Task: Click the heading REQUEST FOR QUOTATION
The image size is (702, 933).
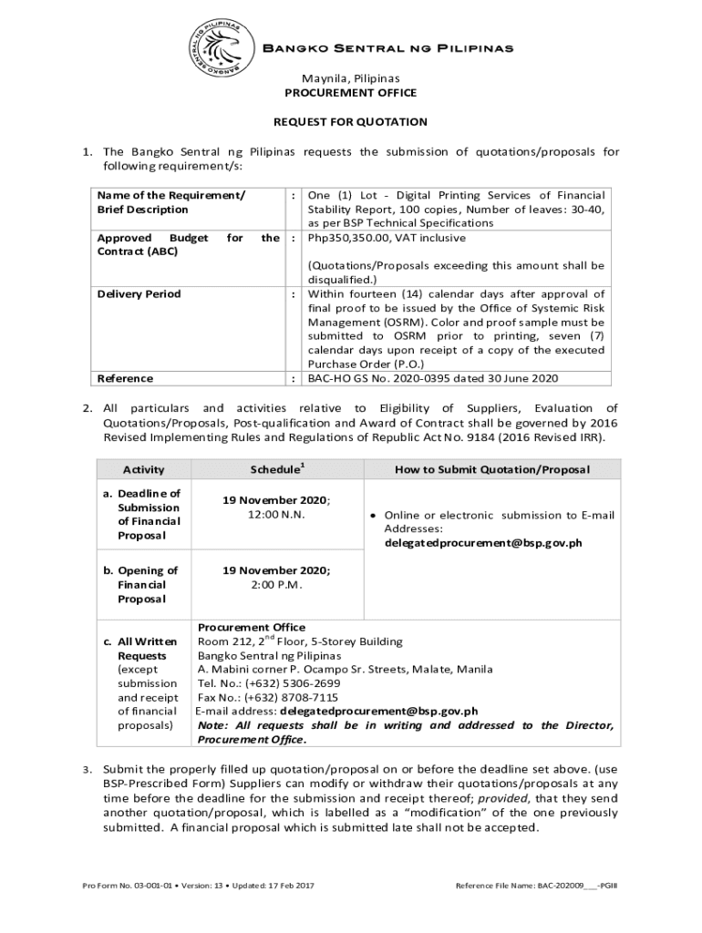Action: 351,121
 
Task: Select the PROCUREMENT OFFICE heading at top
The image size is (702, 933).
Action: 351,93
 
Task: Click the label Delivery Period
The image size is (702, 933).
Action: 139,294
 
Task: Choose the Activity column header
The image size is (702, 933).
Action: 144,469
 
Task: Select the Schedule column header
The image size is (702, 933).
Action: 277,468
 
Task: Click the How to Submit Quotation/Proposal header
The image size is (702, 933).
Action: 492,469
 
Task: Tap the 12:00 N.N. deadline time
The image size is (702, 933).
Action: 277,515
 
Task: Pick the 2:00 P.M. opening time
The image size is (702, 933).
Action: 277,585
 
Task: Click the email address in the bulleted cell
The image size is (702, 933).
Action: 482,543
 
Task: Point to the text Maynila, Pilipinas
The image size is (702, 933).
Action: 351,78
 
